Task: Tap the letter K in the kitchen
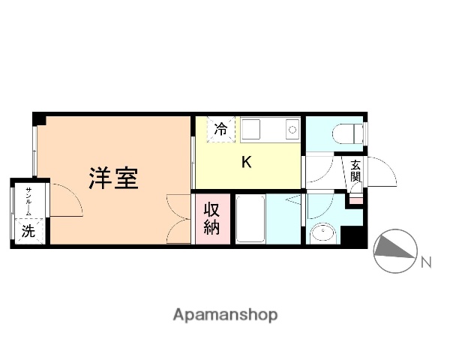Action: tap(245, 162)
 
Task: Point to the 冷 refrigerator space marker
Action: tap(220, 129)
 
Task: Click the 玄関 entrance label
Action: tap(354, 172)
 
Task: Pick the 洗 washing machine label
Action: tap(28, 231)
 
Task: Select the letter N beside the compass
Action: tap(426, 262)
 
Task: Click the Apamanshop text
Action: tap(224, 315)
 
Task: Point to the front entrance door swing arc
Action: tap(382, 171)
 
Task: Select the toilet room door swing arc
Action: tap(318, 169)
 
